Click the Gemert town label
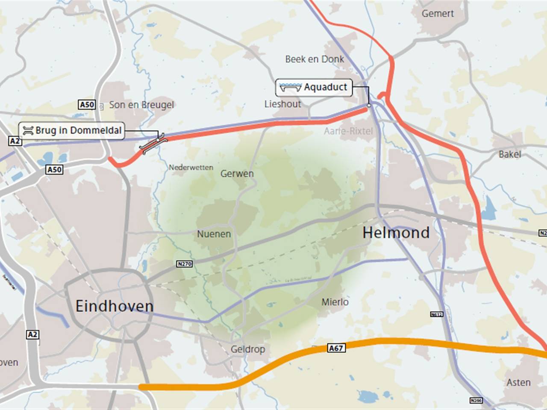coord(438,14)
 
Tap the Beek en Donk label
coord(315,59)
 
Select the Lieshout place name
coord(282,104)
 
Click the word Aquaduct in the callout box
coord(326,87)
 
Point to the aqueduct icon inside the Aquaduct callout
coord(291,88)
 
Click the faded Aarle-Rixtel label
coord(348,131)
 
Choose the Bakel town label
coord(510,154)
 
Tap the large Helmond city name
coord(396,233)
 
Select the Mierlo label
coord(335,302)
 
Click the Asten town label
coord(518,382)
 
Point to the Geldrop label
coord(248,349)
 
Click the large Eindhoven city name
coord(115,306)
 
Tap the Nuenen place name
coord(214,234)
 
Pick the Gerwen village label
coord(237,174)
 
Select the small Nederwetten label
coord(191,167)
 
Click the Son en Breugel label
coord(141,105)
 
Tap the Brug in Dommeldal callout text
coord(78,130)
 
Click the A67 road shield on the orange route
coord(336,348)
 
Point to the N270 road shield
coord(185,264)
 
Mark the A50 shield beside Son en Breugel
coord(87,105)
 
